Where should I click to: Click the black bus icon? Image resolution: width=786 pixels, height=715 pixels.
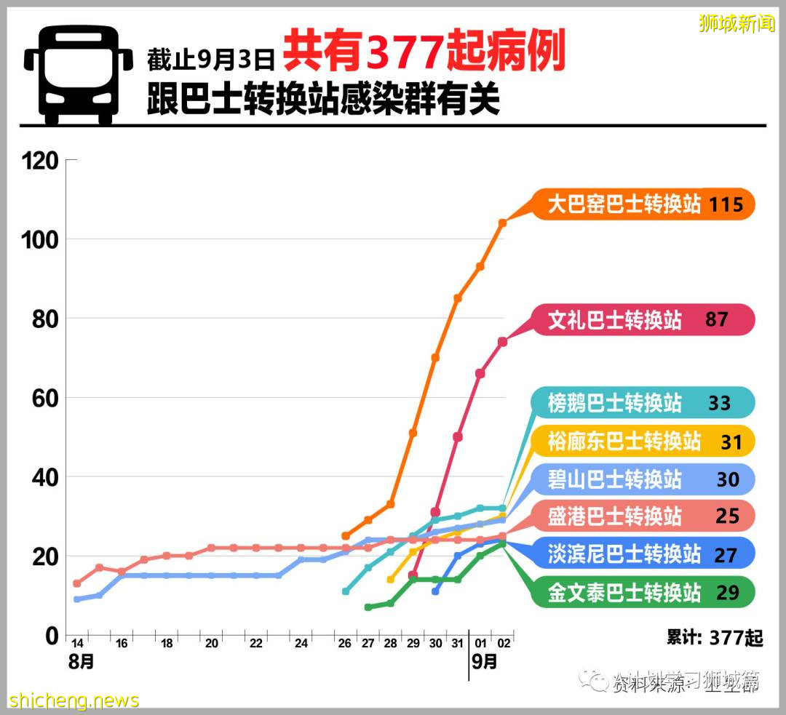point(78,76)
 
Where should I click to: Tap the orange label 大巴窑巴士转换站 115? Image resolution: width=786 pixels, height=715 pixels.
point(645,204)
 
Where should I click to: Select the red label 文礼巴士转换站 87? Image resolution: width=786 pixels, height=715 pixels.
point(645,319)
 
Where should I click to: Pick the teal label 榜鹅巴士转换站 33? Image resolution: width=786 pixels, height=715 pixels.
point(645,402)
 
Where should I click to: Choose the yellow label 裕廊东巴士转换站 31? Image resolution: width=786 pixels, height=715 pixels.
point(645,441)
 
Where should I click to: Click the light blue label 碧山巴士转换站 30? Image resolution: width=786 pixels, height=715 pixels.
point(645,479)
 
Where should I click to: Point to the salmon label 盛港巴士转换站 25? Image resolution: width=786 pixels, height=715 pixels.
point(645,516)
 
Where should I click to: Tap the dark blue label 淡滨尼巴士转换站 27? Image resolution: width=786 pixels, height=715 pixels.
point(645,555)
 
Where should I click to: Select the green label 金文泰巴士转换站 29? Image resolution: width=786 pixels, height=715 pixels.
point(645,593)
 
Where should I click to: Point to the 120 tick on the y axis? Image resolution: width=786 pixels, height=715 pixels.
point(41,161)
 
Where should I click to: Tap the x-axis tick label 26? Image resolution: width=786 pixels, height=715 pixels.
point(345,644)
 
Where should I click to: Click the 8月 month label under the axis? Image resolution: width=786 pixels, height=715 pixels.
point(82,663)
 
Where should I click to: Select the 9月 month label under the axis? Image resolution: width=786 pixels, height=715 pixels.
point(485,663)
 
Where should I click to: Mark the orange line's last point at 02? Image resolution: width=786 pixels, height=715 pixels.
point(502,223)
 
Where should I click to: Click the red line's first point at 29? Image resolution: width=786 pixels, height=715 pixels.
point(413,575)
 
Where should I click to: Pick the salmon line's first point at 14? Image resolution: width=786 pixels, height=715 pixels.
point(77,583)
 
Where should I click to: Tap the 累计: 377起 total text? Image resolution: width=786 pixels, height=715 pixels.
point(714,639)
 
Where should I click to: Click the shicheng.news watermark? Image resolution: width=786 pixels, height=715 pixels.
point(74,701)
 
